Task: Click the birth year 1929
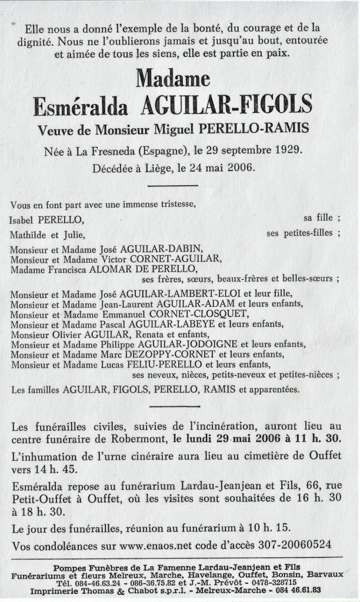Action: click(x=288, y=150)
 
